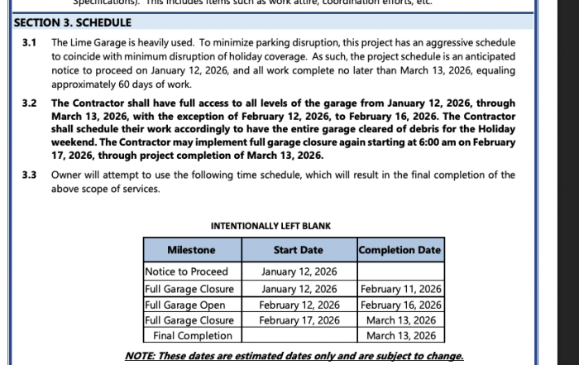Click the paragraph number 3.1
[x=30, y=41]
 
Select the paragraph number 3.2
[x=30, y=103]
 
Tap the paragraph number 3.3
[x=30, y=175]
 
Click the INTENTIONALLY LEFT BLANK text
[x=270, y=226]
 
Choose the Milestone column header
[x=191, y=250]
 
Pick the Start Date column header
[x=298, y=250]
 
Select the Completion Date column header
[x=400, y=250]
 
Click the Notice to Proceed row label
[x=186, y=271]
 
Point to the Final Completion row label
[x=193, y=336]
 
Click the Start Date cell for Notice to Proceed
[x=299, y=271]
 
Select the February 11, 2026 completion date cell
[x=401, y=289]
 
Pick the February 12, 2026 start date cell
[x=299, y=305]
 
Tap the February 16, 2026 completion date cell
[x=401, y=305]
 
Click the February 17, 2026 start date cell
[x=299, y=320]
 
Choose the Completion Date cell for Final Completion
[x=401, y=336]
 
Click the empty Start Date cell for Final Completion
[x=299, y=336]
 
